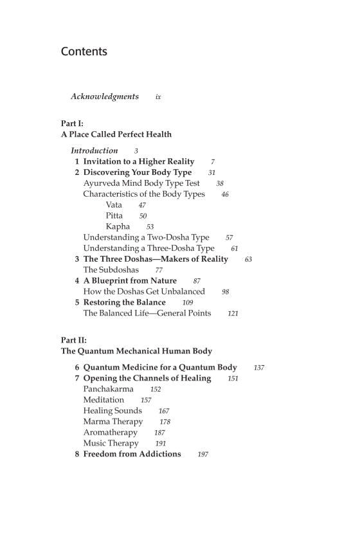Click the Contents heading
click(x=84, y=51)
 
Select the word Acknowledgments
click(x=105, y=96)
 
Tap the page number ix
click(x=157, y=97)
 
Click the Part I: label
click(x=72, y=123)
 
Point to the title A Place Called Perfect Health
click(x=116, y=134)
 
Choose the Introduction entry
click(x=94, y=150)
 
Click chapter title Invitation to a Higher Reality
click(x=139, y=161)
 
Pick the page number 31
click(x=212, y=173)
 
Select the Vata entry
click(x=114, y=205)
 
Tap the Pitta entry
click(x=114, y=216)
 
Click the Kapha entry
click(x=118, y=226)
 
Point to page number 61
click(x=235, y=248)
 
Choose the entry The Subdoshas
click(x=111, y=270)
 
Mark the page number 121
click(x=233, y=314)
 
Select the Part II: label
click(x=73, y=340)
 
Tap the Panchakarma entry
click(x=108, y=389)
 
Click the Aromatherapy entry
click(x=110, y=433)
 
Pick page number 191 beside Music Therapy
click(x=161, y=444)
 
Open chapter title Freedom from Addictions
click(x=132, y=454)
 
